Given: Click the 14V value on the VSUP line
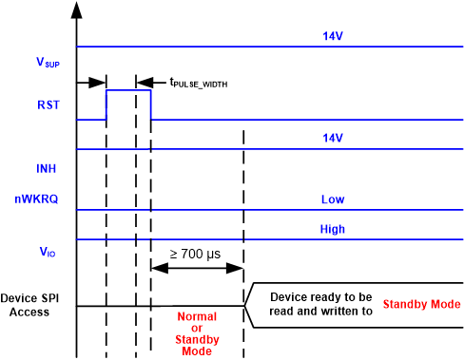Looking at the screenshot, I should pos(333,37).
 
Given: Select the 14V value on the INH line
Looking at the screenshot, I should pos(333,139).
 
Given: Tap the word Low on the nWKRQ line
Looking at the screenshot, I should pos(333,199).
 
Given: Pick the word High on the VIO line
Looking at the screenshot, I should pos(333,229).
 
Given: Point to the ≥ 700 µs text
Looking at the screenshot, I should pos(197,253).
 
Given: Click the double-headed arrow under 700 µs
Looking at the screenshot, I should pos(197,269).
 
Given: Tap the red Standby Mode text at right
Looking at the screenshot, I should pos(421,304).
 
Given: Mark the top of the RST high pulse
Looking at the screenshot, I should pos(128,90).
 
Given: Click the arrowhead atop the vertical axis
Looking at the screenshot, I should pos(76,9).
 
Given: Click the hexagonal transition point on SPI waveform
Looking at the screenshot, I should pos(248,306).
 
